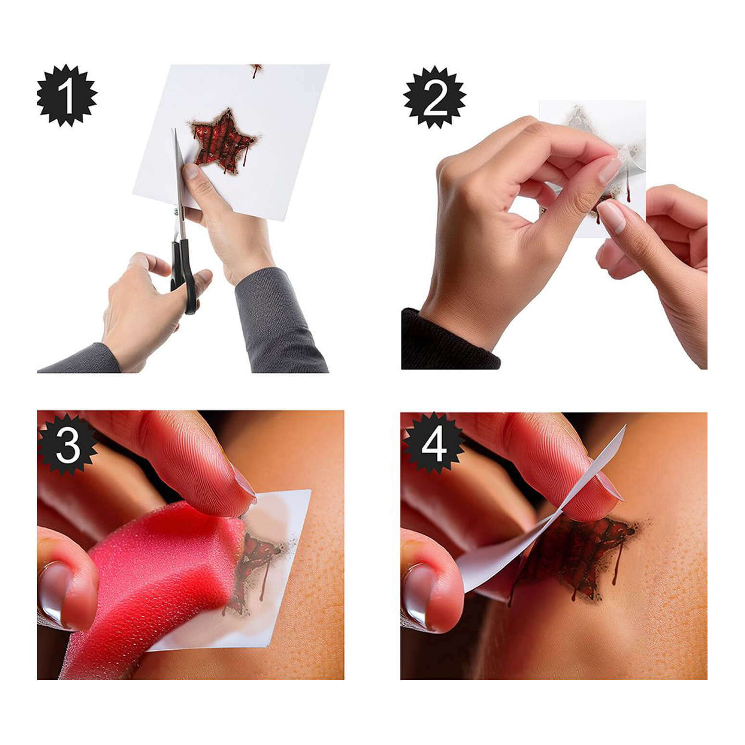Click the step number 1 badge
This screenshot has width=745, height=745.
(67, 96)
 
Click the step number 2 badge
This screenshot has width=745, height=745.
(435, 98)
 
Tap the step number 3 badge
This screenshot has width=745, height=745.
(67, 445)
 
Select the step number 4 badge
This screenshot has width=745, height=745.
(434, 445)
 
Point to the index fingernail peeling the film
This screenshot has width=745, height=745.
(609, 170)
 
